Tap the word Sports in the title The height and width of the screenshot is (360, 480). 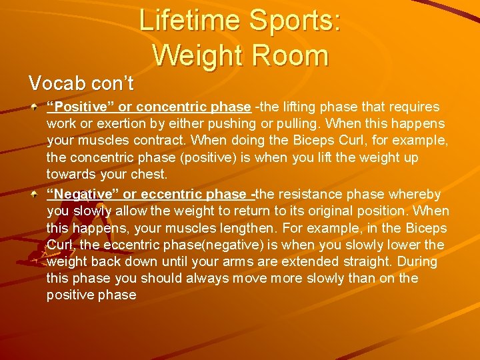click(x=295, y=21)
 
